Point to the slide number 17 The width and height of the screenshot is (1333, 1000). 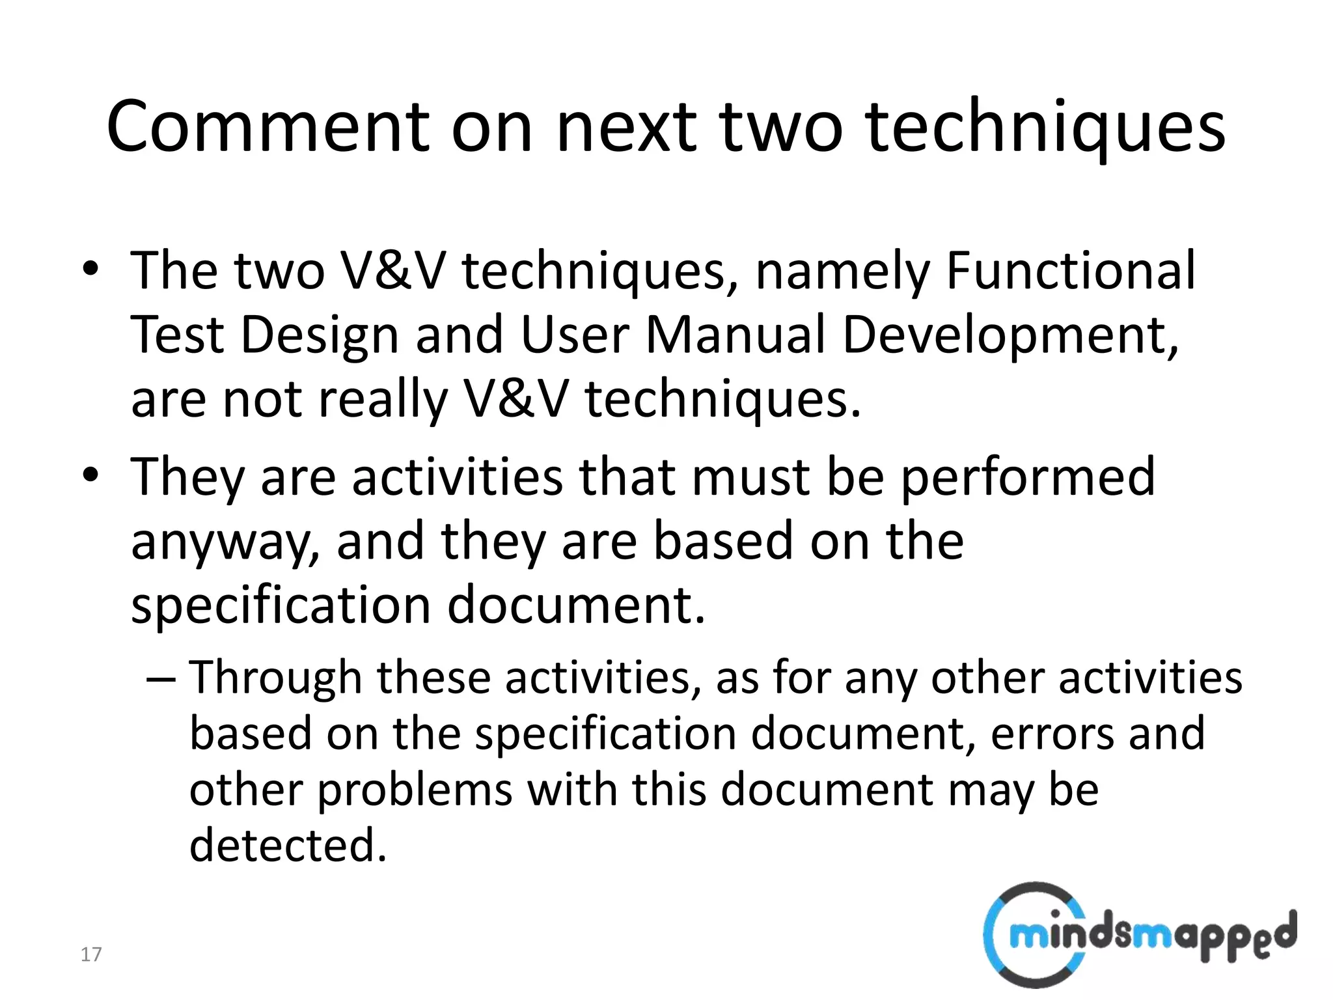click(x=90, y=954)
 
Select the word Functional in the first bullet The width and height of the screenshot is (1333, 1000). click(x=1070, y=270)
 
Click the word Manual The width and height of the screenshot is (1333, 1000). click(x=735, y=335)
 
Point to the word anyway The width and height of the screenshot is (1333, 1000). click(x=225, y=542)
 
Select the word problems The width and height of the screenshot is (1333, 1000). click(x=415, y=790)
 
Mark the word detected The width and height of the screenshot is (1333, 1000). click(x=288, y=845)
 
